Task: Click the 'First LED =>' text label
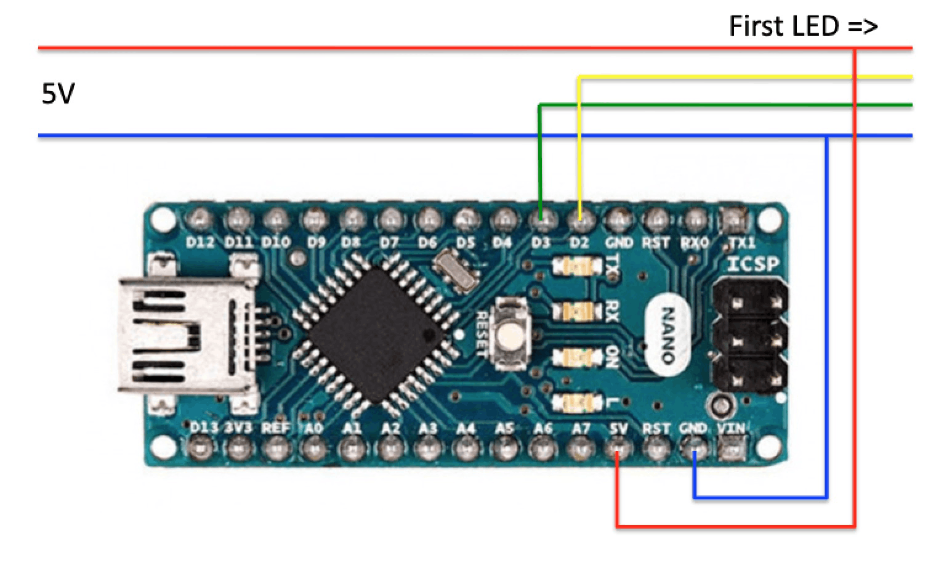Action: click(803, 26)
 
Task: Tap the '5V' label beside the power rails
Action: click(58, 94)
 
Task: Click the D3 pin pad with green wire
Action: click(541, 217)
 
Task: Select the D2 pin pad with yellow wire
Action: click(579, 217)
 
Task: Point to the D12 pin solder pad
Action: click(200, 218)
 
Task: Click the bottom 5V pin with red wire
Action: click(618, 450)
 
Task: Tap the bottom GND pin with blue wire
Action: click(694, 450)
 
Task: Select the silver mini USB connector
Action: click(185, 336)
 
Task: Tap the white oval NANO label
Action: click(667, 336)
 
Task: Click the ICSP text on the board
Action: click(752, 264)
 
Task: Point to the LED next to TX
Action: click(577, 267)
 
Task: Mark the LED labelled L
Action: click(577, 403)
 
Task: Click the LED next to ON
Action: click(577, 357)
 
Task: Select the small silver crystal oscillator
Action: click(456, 272)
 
